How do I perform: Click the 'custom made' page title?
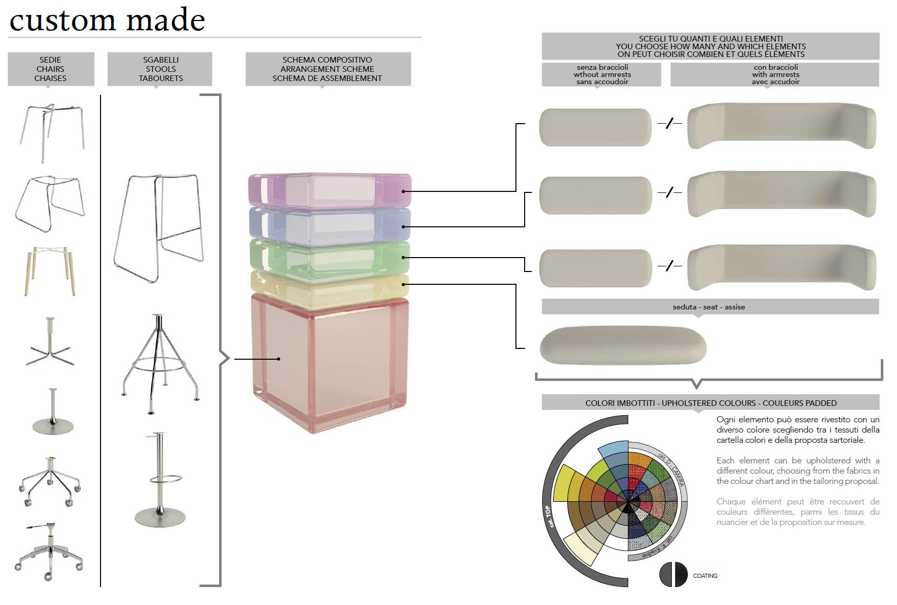point(107,21)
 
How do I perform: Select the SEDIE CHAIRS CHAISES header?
point(50,69)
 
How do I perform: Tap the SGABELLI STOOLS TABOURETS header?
point(160,69)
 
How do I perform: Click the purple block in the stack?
point(329,190)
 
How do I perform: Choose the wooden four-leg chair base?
point(50,270)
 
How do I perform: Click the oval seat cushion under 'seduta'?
point(623,347)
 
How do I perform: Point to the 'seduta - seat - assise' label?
point(709,307)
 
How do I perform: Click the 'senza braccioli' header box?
point(602,75)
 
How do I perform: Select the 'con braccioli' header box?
point(775,75)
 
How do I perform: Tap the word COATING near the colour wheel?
point(705,576)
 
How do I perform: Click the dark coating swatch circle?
point(673,574)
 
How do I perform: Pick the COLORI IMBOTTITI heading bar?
point(710,403)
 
